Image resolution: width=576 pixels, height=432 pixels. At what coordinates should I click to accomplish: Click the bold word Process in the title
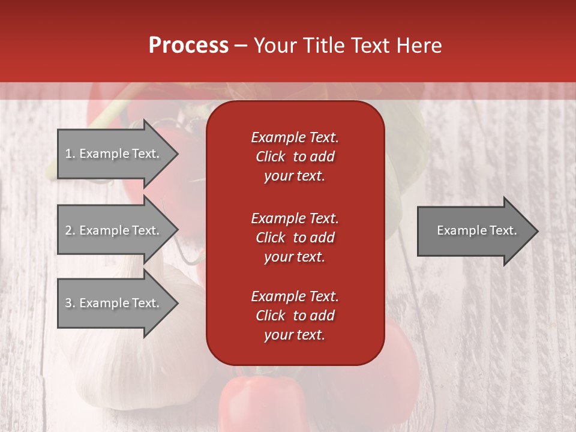coord(188,46)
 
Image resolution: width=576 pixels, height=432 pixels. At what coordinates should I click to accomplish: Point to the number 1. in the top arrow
coord(70,154)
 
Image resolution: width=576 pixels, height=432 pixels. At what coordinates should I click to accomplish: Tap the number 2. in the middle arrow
coord(70,230)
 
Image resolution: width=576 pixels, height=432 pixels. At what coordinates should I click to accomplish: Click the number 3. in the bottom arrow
coord(70,303)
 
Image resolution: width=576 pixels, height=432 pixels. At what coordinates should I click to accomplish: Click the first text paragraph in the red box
coord(295,157)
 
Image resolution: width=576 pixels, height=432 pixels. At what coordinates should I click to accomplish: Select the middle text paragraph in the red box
coord(295,238)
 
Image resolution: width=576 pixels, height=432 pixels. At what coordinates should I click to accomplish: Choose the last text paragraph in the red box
coord(295,316)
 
